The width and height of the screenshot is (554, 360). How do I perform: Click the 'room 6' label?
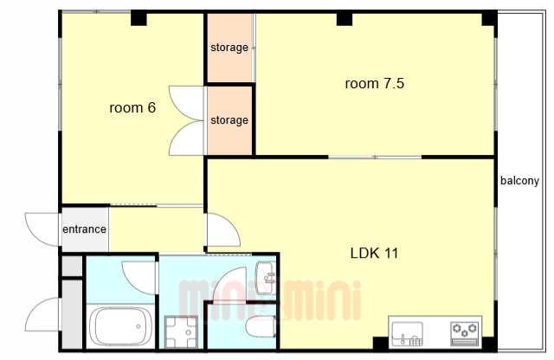point(132,108)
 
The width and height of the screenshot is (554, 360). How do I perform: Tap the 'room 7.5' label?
point(375,84)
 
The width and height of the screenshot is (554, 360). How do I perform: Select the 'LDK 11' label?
point(374,254)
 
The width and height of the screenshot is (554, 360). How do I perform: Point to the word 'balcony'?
point(519,181)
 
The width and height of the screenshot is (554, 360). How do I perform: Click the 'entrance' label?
point(85,229)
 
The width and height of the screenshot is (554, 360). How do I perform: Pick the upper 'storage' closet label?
point(229,48)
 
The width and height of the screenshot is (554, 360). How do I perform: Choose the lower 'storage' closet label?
point(229,120)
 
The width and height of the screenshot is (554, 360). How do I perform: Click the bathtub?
point(120,326)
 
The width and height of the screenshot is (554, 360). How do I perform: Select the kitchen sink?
point(408,333)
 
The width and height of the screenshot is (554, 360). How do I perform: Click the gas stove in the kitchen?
point(465,333)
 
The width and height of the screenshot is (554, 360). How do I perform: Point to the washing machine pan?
point(181,332)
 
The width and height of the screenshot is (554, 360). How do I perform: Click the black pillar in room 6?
point(138,18)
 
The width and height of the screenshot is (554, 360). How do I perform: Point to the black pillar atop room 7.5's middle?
point(345,18)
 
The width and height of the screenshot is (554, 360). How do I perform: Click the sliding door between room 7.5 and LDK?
point(375,157)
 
